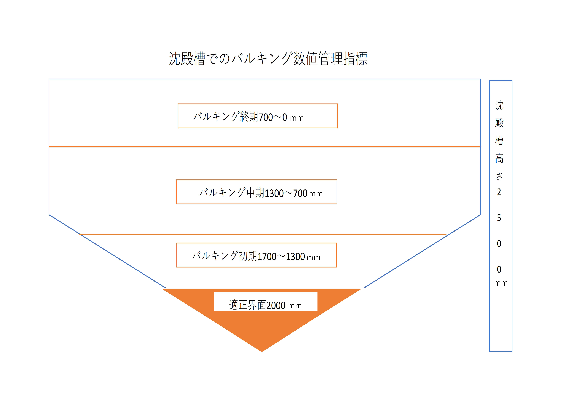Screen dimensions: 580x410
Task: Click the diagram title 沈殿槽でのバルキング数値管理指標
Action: tap(268, 59)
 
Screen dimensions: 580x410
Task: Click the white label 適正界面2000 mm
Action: tap(266, 302)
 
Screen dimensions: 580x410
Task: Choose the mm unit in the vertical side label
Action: tap(501, 283)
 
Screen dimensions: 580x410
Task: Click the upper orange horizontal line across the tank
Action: tap(264, 147)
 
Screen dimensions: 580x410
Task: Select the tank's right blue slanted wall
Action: tap(422, 251)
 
